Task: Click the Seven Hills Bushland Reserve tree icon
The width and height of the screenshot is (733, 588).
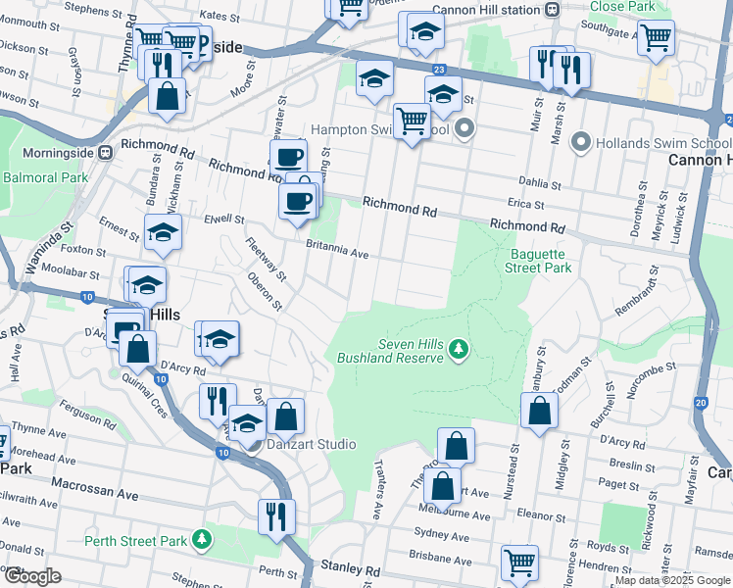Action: coord(458,348)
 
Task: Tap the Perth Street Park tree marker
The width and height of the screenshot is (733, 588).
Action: coord(202,539)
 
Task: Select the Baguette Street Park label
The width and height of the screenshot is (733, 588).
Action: coord(540,260)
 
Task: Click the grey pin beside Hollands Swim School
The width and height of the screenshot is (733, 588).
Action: coord(580,142)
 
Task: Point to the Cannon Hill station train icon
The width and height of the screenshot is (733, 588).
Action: coord(553,9)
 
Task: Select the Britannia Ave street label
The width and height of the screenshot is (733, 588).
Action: coord(336,250)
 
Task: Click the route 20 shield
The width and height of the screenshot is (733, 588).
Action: coord(700,402)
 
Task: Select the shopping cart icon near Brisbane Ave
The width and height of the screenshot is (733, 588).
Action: coord(519,562)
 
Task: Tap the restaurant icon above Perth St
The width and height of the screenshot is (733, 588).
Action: coord(276,514)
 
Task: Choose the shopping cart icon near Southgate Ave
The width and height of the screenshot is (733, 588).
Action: coord(656,37)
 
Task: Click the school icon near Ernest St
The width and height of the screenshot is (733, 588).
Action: coord(163,233)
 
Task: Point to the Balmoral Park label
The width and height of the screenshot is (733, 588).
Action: coord(45,178)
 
